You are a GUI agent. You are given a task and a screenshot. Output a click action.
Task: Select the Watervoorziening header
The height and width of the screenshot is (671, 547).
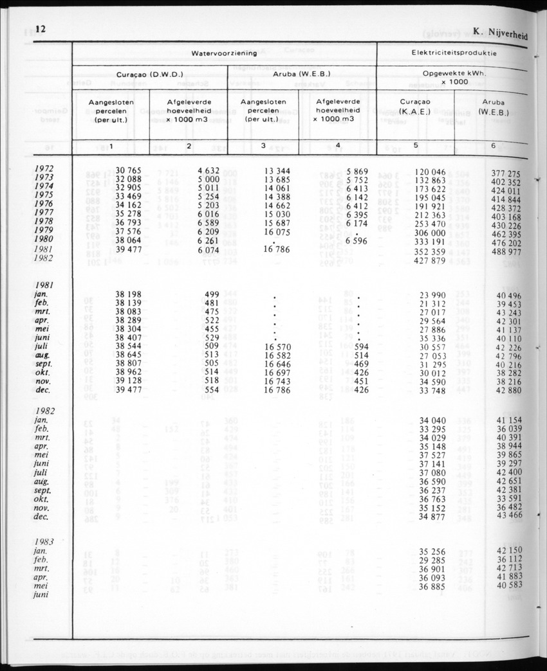click(224, 53)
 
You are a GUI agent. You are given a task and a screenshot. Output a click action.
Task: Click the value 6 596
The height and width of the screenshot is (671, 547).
click(356, 241)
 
